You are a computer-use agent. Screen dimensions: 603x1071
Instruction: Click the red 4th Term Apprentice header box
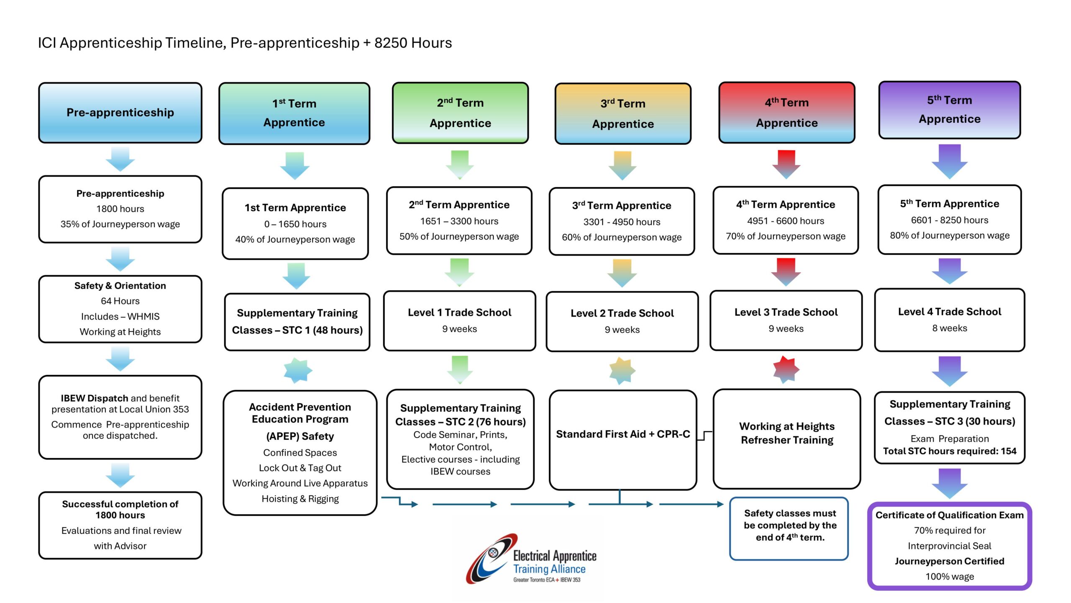[x=787, y=112]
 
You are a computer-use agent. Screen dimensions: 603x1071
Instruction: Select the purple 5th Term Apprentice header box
[x=949, y=110]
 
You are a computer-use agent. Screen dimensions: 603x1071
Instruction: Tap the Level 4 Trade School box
[x=949, y=320]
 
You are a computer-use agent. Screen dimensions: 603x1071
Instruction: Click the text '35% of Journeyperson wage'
[x=120, y=224]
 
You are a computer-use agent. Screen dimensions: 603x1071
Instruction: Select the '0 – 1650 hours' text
[x=295, y=224]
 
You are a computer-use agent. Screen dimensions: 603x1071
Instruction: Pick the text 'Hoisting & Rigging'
[x=300, y=499]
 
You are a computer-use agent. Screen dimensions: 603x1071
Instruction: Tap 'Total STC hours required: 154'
[x=949, y=451]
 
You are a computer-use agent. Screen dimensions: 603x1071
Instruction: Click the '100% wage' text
[x=949, y=577]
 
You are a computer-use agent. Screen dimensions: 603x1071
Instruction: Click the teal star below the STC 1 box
[x=297, y=370]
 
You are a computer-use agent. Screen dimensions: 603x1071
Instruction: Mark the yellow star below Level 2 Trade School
[x=622, y=371]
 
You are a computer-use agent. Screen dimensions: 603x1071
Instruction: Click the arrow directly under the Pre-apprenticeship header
[x=120, y=159]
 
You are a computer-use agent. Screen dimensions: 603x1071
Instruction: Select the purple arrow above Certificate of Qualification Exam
[x=949, y=483]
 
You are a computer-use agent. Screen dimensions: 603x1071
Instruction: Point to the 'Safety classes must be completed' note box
[x=789, y=528]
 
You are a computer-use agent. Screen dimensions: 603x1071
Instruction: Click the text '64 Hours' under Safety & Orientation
[x=120, y=301]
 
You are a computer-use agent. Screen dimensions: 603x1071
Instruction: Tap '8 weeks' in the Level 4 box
[x=949, y=328]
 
